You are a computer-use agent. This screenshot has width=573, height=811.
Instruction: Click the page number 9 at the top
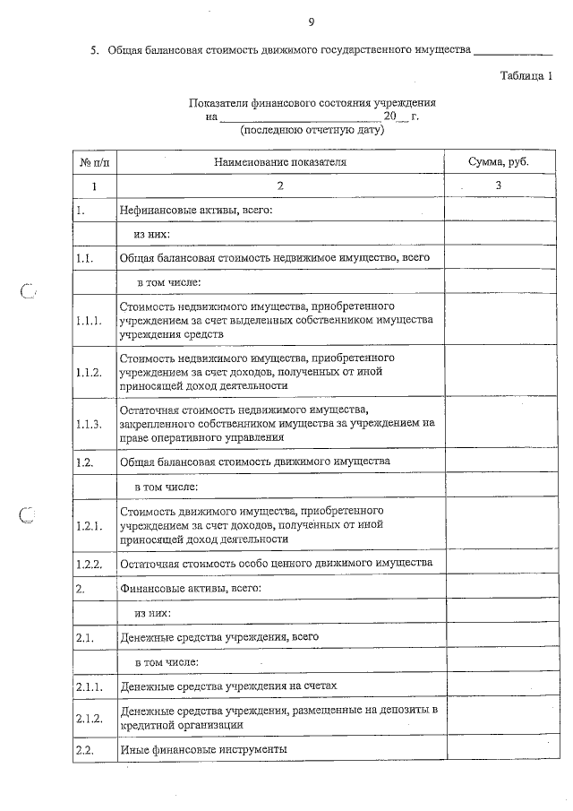[x=311, y=22]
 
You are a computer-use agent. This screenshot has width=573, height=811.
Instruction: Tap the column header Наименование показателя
[x=279, y=162]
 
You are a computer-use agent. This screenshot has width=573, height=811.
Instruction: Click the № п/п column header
[x=94, y=162]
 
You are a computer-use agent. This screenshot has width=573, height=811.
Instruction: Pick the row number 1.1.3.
[x=90, y=423]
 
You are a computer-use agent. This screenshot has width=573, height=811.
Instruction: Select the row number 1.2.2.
[x=90, y=563]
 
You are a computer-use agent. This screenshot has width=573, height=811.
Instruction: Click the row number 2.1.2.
[x=90, y=718]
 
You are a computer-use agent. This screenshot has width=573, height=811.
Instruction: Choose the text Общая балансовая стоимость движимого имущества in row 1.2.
[x=255, y=462]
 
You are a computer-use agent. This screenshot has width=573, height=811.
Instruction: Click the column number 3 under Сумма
[x=499, y=186]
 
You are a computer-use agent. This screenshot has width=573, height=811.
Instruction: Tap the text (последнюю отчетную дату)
[x=312, y=130]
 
